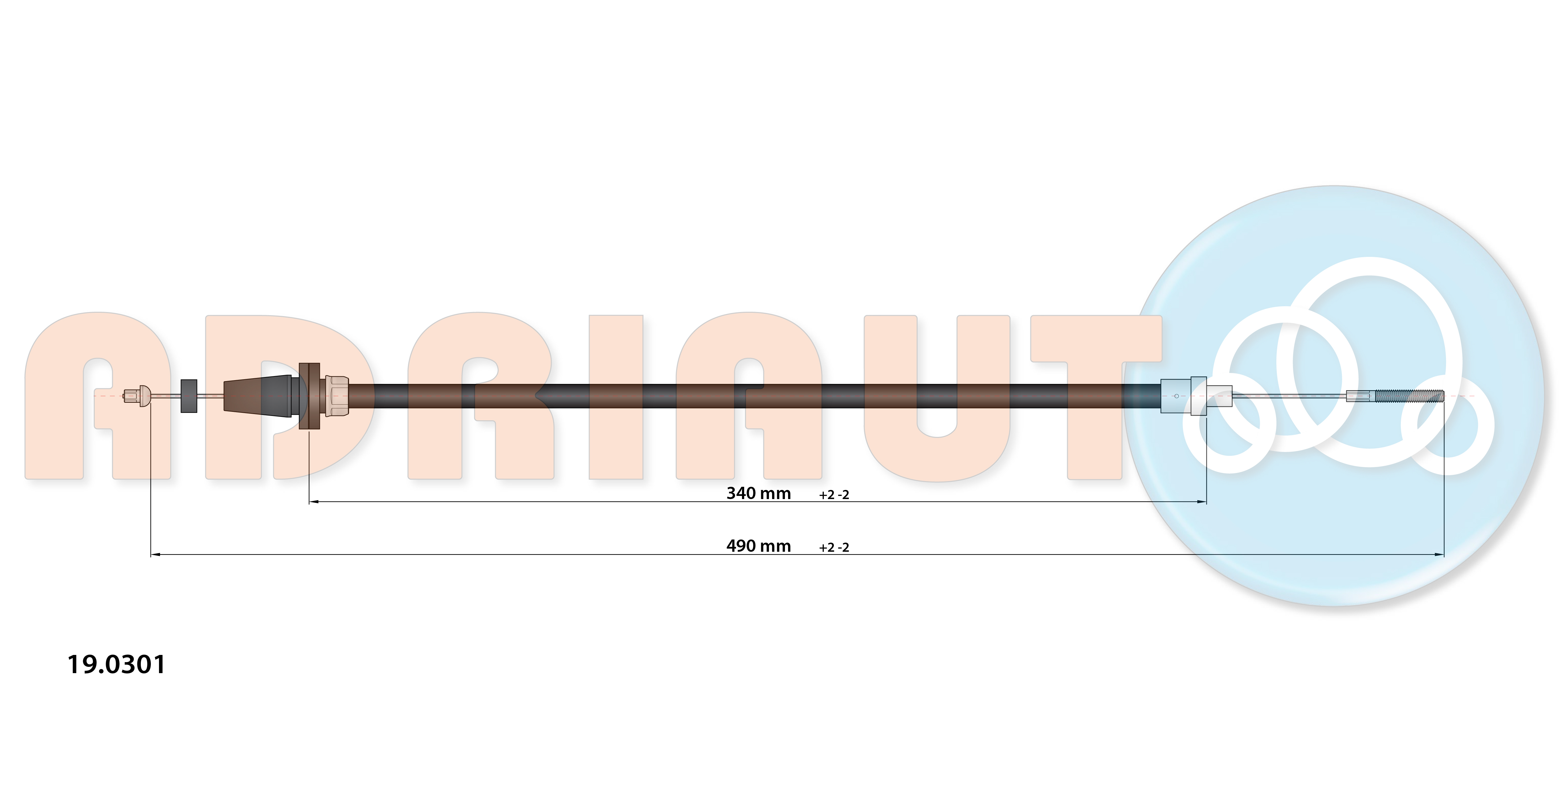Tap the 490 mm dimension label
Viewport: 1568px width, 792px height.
(x=758, y=546)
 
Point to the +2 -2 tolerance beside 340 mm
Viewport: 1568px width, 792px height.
(x=834, y=495)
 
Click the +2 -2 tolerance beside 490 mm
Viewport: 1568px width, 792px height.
(x=834, y=547)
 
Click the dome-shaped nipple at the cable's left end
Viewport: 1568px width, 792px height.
(x=144, y=396)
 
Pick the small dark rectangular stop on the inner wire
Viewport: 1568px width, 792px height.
(x=189, y=396)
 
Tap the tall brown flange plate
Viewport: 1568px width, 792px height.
(x=309, y=396)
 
